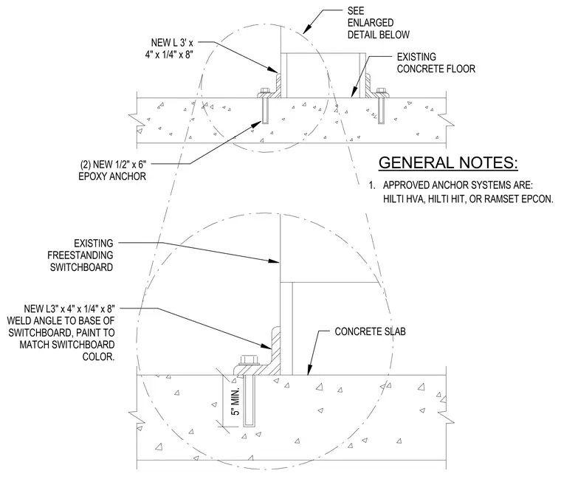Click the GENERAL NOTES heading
click(x=448, y=163)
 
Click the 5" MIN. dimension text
click(x=235, y=401)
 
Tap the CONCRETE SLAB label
click(x=371, y=331)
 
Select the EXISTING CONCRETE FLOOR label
click(x=436, y=63)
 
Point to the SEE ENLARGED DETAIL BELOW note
click(x=379, y=23)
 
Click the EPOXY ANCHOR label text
click(x=112, y=176)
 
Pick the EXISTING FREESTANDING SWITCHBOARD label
click(x=81, y=255)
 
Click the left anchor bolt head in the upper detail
click(x=265, y=92)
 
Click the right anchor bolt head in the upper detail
click(x=382, y=92)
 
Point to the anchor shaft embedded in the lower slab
click(x=249, y=401)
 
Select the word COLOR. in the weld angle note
click(x=98, y=356)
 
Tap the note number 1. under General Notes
click(x=373, y=185)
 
